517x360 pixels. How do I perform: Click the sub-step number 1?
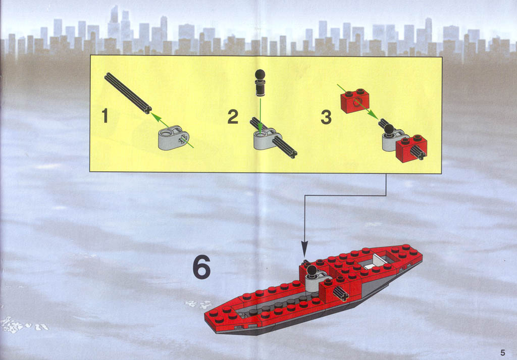(x=105, y=116)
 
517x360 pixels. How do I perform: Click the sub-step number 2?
(x=233, y=117)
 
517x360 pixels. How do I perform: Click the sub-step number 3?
(x=326, y=117)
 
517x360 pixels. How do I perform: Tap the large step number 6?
(x=201, y=268)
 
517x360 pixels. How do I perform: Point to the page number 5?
(x=502, y=352)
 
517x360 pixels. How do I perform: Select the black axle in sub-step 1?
(x=128, y=93)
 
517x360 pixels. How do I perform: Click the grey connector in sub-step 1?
(x=174, y=138)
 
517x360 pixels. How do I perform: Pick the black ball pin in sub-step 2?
(x=260, y=83)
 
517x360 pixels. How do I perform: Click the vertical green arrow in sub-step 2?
(x=260, y=115)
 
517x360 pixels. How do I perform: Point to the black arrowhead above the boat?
(x=304, y=249)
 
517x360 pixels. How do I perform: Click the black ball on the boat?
(x=312, y=271)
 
